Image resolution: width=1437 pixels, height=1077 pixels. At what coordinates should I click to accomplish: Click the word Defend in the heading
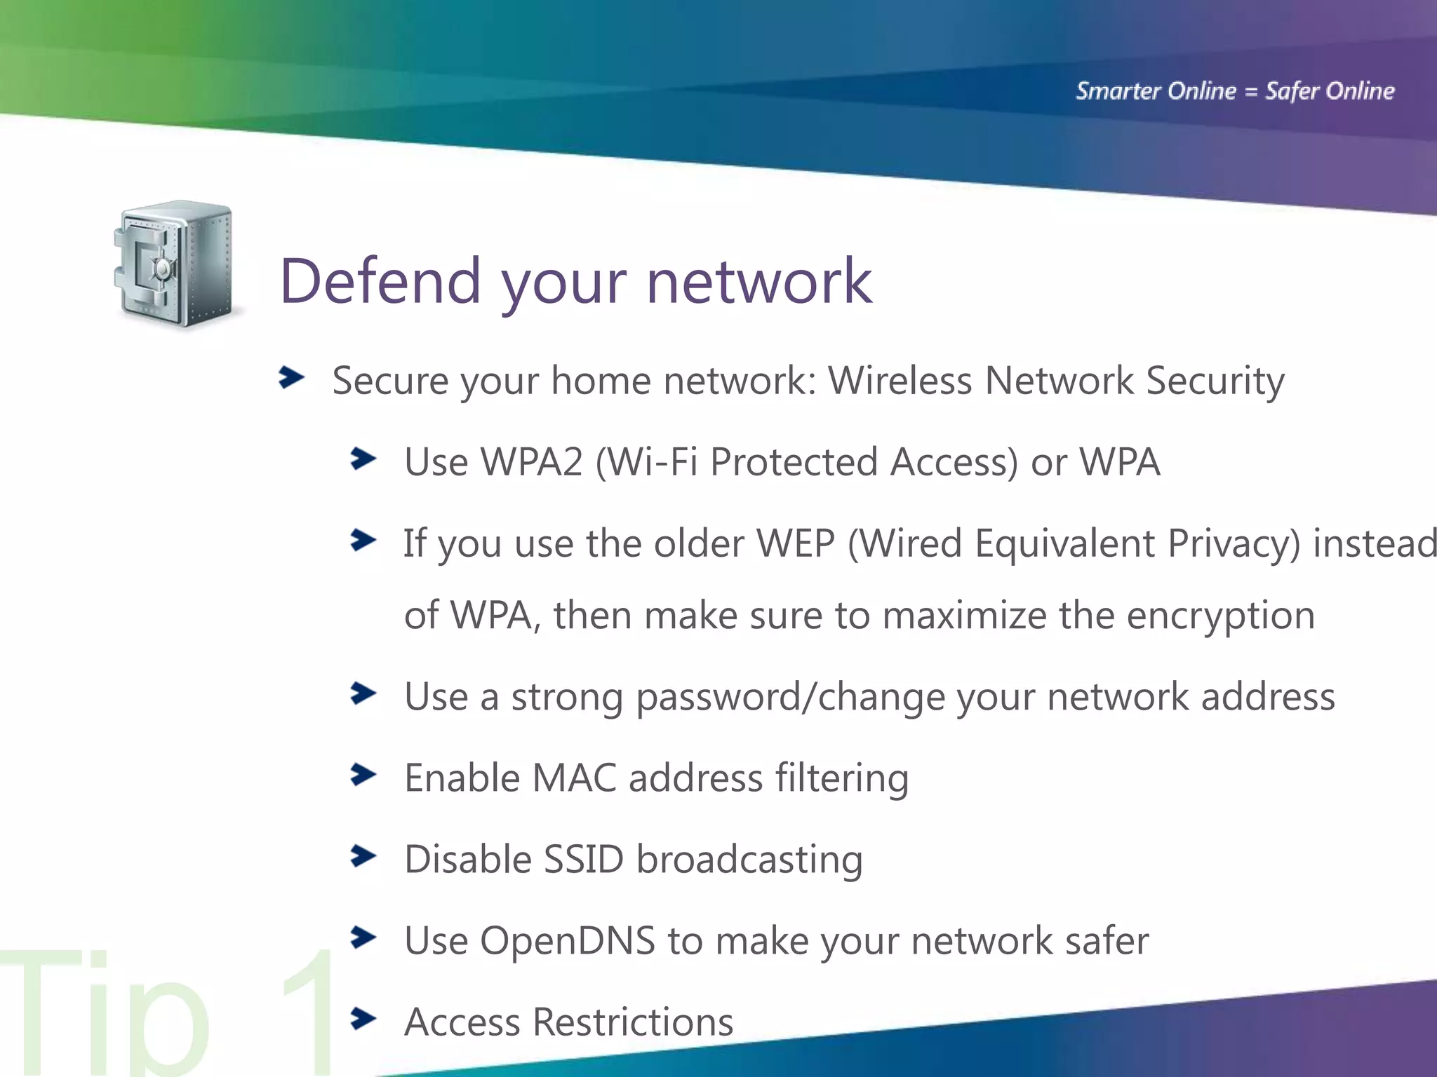[380, 281]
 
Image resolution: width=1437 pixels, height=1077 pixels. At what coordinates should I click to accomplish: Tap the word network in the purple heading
[758, 281]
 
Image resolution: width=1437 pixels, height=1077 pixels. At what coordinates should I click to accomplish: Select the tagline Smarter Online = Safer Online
[1235, 91]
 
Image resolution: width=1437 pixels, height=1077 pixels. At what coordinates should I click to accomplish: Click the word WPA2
[532, 462]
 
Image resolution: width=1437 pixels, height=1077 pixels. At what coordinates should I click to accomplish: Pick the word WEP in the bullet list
[795, 543]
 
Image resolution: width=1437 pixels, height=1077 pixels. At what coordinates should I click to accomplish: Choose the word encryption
[1220, 616]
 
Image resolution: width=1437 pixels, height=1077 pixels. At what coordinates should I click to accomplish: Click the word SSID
[583, 860]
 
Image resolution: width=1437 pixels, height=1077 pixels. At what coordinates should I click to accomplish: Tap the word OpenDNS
[568, 941]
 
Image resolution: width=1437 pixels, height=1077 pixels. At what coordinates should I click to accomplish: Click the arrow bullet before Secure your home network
[291, 377]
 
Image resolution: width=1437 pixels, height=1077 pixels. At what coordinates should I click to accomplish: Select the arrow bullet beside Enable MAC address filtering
[363, 775]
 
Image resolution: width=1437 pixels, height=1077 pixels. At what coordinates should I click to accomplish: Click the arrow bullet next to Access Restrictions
[363, 1019]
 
